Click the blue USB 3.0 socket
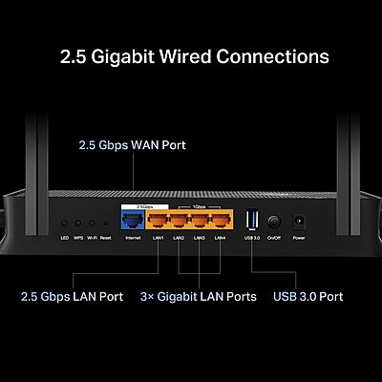[251, 219]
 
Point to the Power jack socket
[299, 220]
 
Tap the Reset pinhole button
[106, 222]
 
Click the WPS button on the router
[78, 222]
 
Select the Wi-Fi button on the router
[92, 222]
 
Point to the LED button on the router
[64, 222]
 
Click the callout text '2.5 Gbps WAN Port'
[132, 146]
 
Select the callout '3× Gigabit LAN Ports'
[200, 297]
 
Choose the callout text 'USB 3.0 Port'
[308, 297]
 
